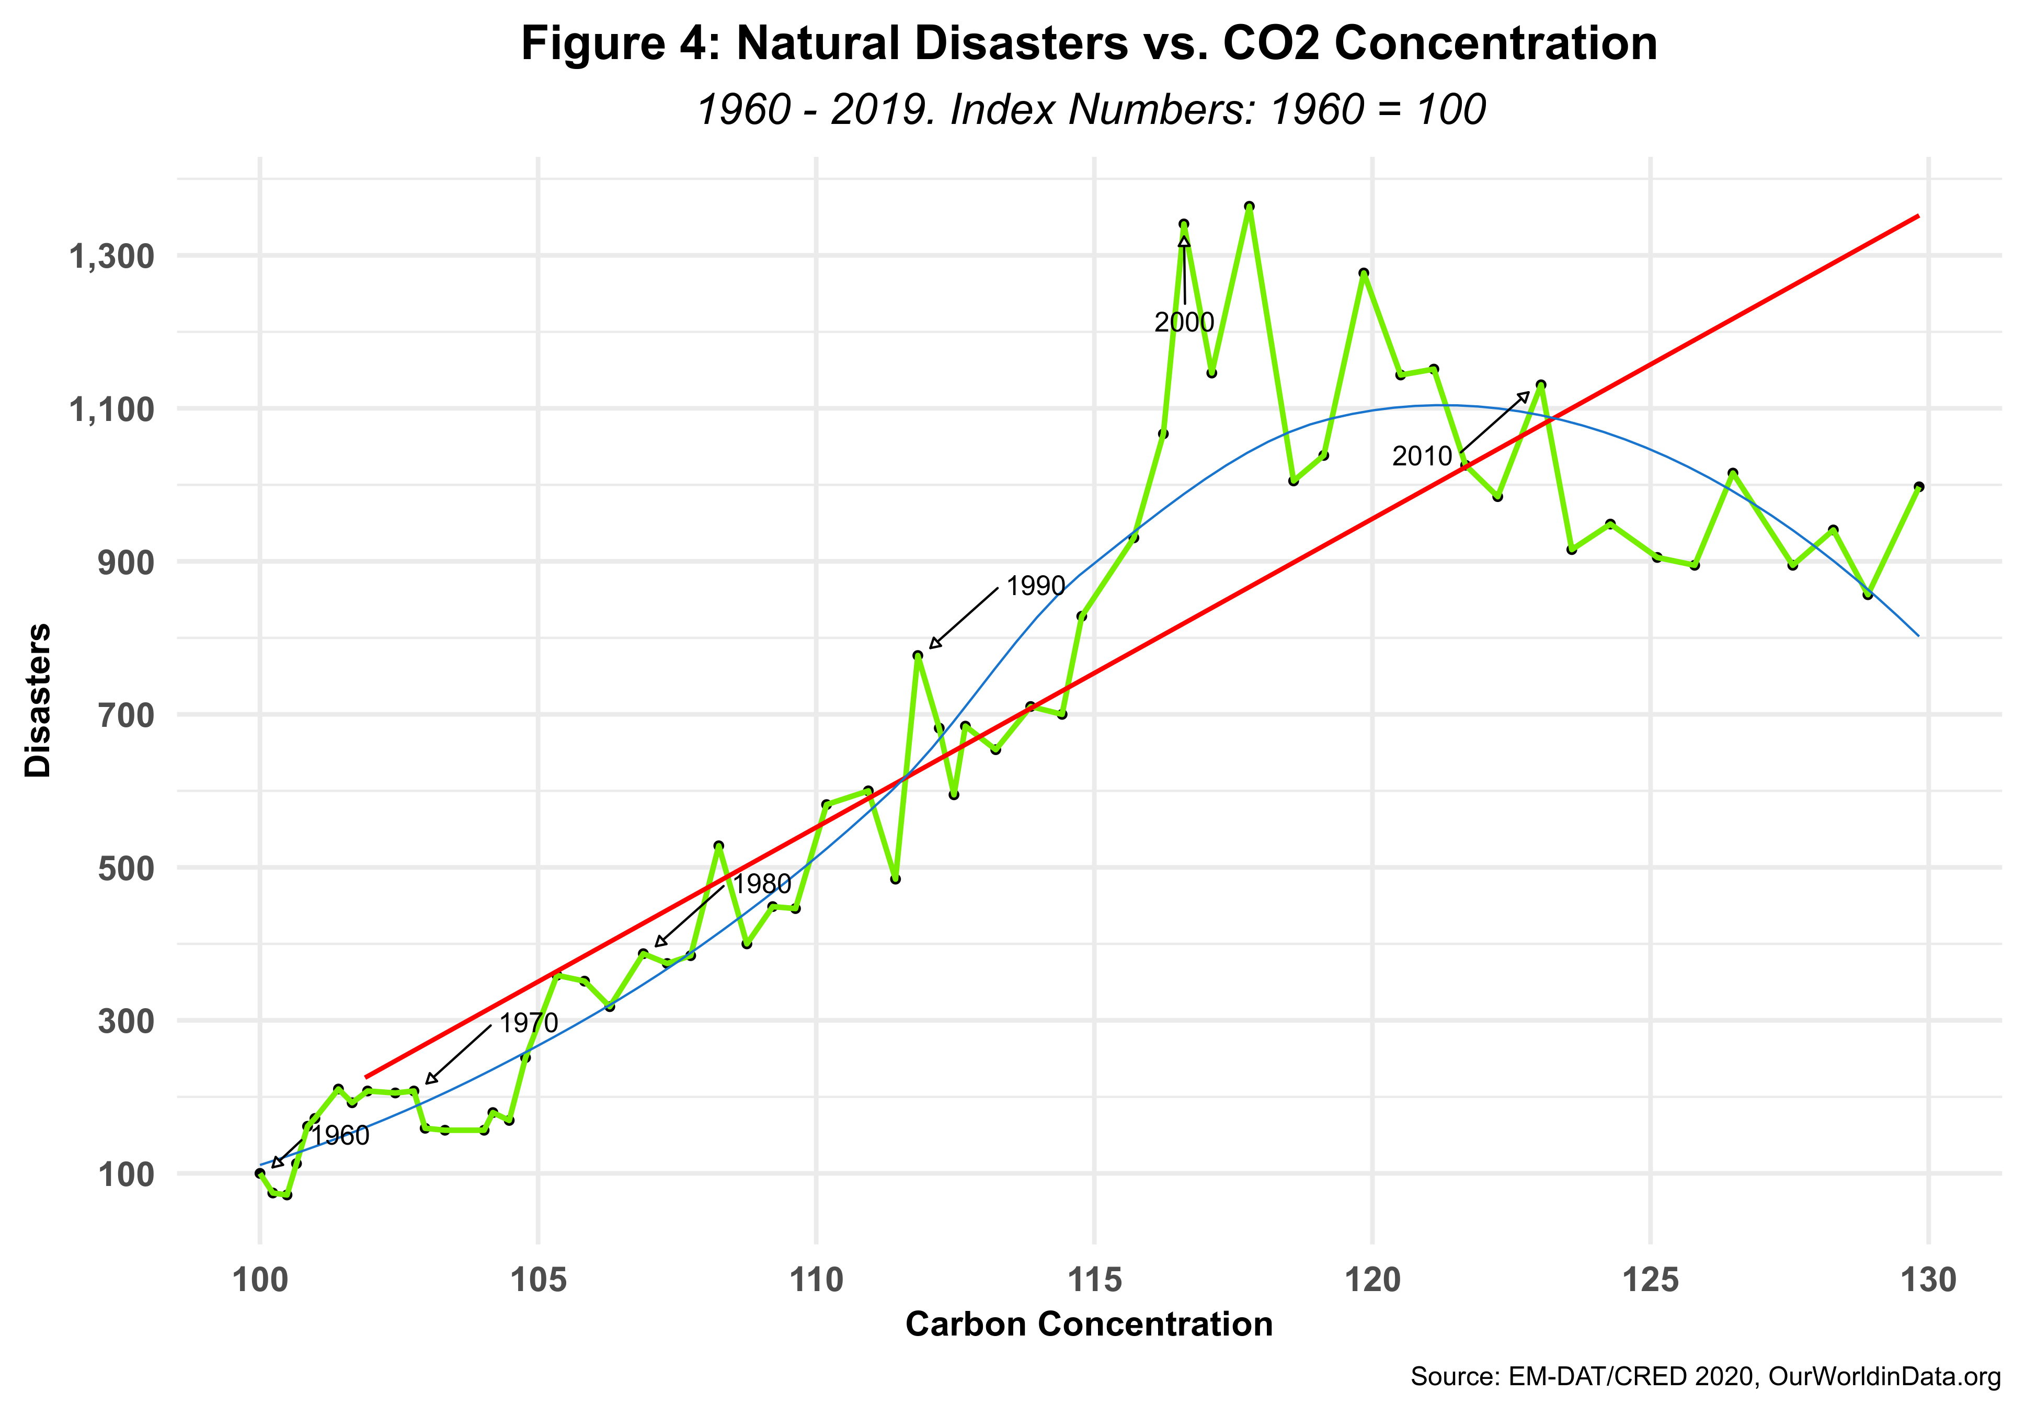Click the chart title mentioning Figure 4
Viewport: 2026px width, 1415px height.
pyautogui.click(x=1089, y=44)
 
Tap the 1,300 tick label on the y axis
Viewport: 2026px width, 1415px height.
pyautogui.click(x=111, y=257)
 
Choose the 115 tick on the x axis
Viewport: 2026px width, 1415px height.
pyautogui.click(x=1094, y=1280)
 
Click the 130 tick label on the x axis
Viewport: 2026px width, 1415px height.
pyautogui.click(x=1929, y=1280)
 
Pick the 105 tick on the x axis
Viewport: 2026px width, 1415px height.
pyautogui.click(x=539, y=1280)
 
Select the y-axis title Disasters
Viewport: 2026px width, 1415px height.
pyautogui.click(x=39, y=700)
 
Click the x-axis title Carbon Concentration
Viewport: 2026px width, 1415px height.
pyautogui.click(x=1089, y=1324)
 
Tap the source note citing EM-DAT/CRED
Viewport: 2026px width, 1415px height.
pyautogui.click(x=1705, y=1376)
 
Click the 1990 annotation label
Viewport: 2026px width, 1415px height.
pyautogui.click(x=1035, y=586)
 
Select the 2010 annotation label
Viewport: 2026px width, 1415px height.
pyautogui.click(x=1422, y=457)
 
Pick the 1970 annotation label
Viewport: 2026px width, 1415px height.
pyautogui.click(x=529, y=1023)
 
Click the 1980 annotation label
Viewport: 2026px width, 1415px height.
pyautogui.click(x=762, y=884)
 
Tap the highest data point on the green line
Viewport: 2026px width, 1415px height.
pyautogui.click(x=1249, y=207)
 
